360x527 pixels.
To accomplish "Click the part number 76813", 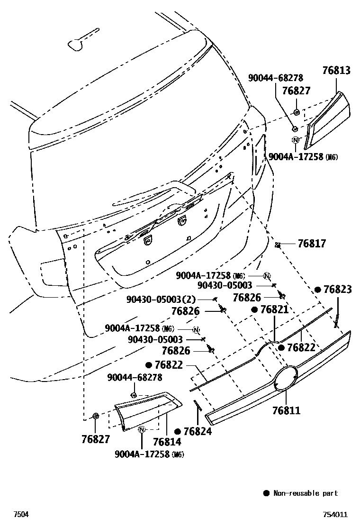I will (x=336, y=71).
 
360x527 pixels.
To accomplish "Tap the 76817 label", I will (x=312, y=244).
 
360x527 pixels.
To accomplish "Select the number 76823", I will (x=338, y=289).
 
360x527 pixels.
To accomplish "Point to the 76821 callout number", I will (x=274, y=309).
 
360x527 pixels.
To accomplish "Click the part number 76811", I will (x=286, y=410).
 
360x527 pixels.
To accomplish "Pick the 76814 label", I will (x=167, y=442).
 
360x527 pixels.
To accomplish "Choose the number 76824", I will (x=198, y=431).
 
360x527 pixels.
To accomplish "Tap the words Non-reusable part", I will (x=306, y=493).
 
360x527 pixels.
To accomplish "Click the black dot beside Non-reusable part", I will (x=266, y=493).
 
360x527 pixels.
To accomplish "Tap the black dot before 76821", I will (x=254, y=309).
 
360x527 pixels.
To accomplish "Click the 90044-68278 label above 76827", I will (x=276, y=78).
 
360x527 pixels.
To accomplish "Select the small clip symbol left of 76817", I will (x=278, y=245).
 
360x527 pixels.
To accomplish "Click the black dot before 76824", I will (x=178, y=431).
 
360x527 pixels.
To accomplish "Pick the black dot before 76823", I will (x=318, y=289).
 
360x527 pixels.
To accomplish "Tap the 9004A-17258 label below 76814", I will (x=142, y=454).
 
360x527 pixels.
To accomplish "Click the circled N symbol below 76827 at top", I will (x=296, y=140).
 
